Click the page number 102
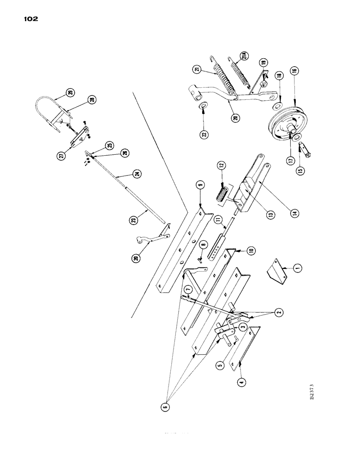(29, 19)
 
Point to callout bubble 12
(222, 165)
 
